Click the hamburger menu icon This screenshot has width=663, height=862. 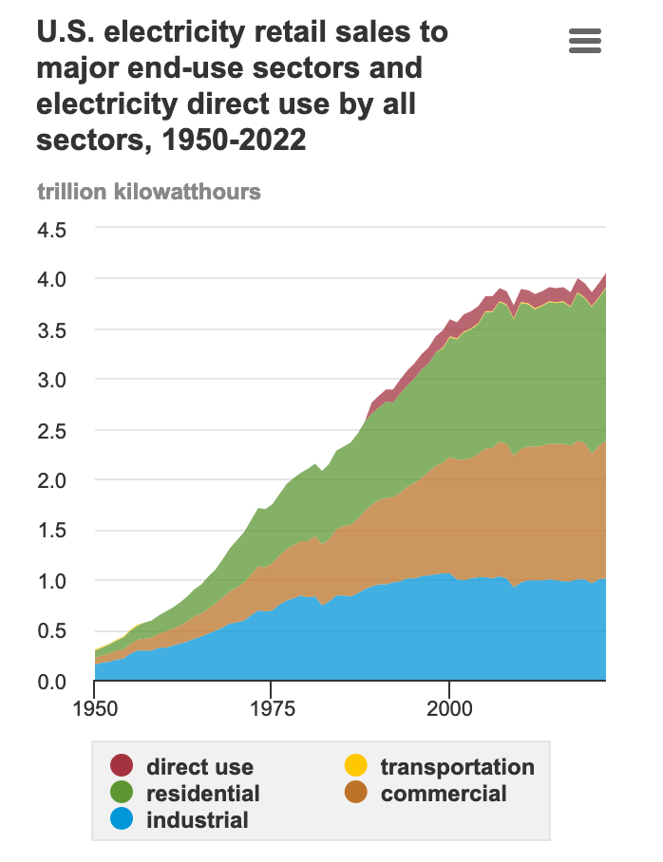584,41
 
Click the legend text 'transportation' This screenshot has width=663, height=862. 457,766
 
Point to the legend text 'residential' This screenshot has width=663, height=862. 202,793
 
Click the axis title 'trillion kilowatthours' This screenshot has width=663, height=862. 149,192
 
